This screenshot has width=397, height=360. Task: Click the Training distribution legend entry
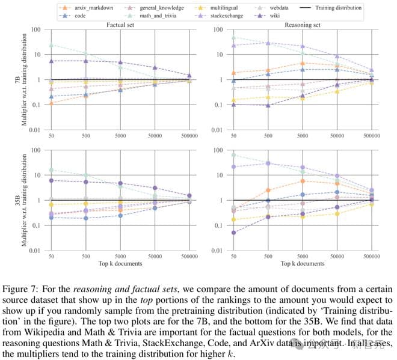point(338,8)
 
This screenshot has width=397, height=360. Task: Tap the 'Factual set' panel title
point(120,25)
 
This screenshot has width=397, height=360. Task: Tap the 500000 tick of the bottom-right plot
point(372,256)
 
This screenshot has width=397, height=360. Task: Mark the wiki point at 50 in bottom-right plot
point(232,233)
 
